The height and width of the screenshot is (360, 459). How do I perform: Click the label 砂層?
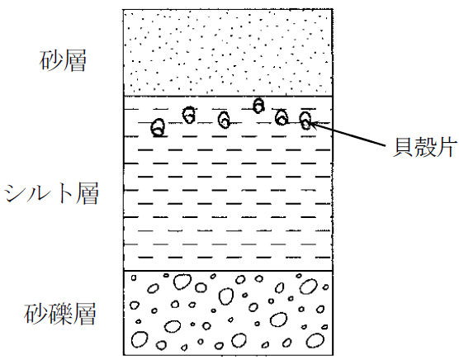click(x=63, y=61)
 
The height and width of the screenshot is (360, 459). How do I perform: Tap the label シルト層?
click(x=51, y=193)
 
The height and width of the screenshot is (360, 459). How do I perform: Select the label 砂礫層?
click(x=60, y=314)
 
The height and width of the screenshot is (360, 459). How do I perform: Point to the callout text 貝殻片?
click(x=424, y=147)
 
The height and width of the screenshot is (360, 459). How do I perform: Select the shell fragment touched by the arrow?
click(x=305, y=121)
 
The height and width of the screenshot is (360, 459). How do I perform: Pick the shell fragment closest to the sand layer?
click(x=258, y=106)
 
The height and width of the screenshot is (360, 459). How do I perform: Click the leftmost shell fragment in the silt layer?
click(x=158, y=128)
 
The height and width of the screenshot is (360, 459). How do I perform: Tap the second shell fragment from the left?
click(x=189, y=115)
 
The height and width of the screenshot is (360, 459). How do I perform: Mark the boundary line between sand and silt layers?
click(x=228, y=96)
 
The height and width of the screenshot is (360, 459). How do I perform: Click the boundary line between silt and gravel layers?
click(x=228, y=271)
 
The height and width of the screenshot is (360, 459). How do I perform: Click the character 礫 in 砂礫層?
click(x=60, y=314)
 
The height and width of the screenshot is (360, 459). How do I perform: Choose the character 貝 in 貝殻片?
click(x=403, y=147)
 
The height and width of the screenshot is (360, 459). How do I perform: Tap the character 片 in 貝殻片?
click(x=447, y=147)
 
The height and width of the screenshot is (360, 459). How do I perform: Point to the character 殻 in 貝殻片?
click(x=424, y=147)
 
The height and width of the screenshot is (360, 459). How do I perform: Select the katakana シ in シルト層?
click(x=14, y=193)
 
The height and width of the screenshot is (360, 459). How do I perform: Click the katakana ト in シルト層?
click(x=64, y=193)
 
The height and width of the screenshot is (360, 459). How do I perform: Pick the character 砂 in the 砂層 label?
click(x=50, y=61)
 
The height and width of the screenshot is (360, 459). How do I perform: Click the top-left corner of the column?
click(x=124, y=10)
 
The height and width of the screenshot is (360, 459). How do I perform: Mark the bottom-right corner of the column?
click(x=333, y=355)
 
